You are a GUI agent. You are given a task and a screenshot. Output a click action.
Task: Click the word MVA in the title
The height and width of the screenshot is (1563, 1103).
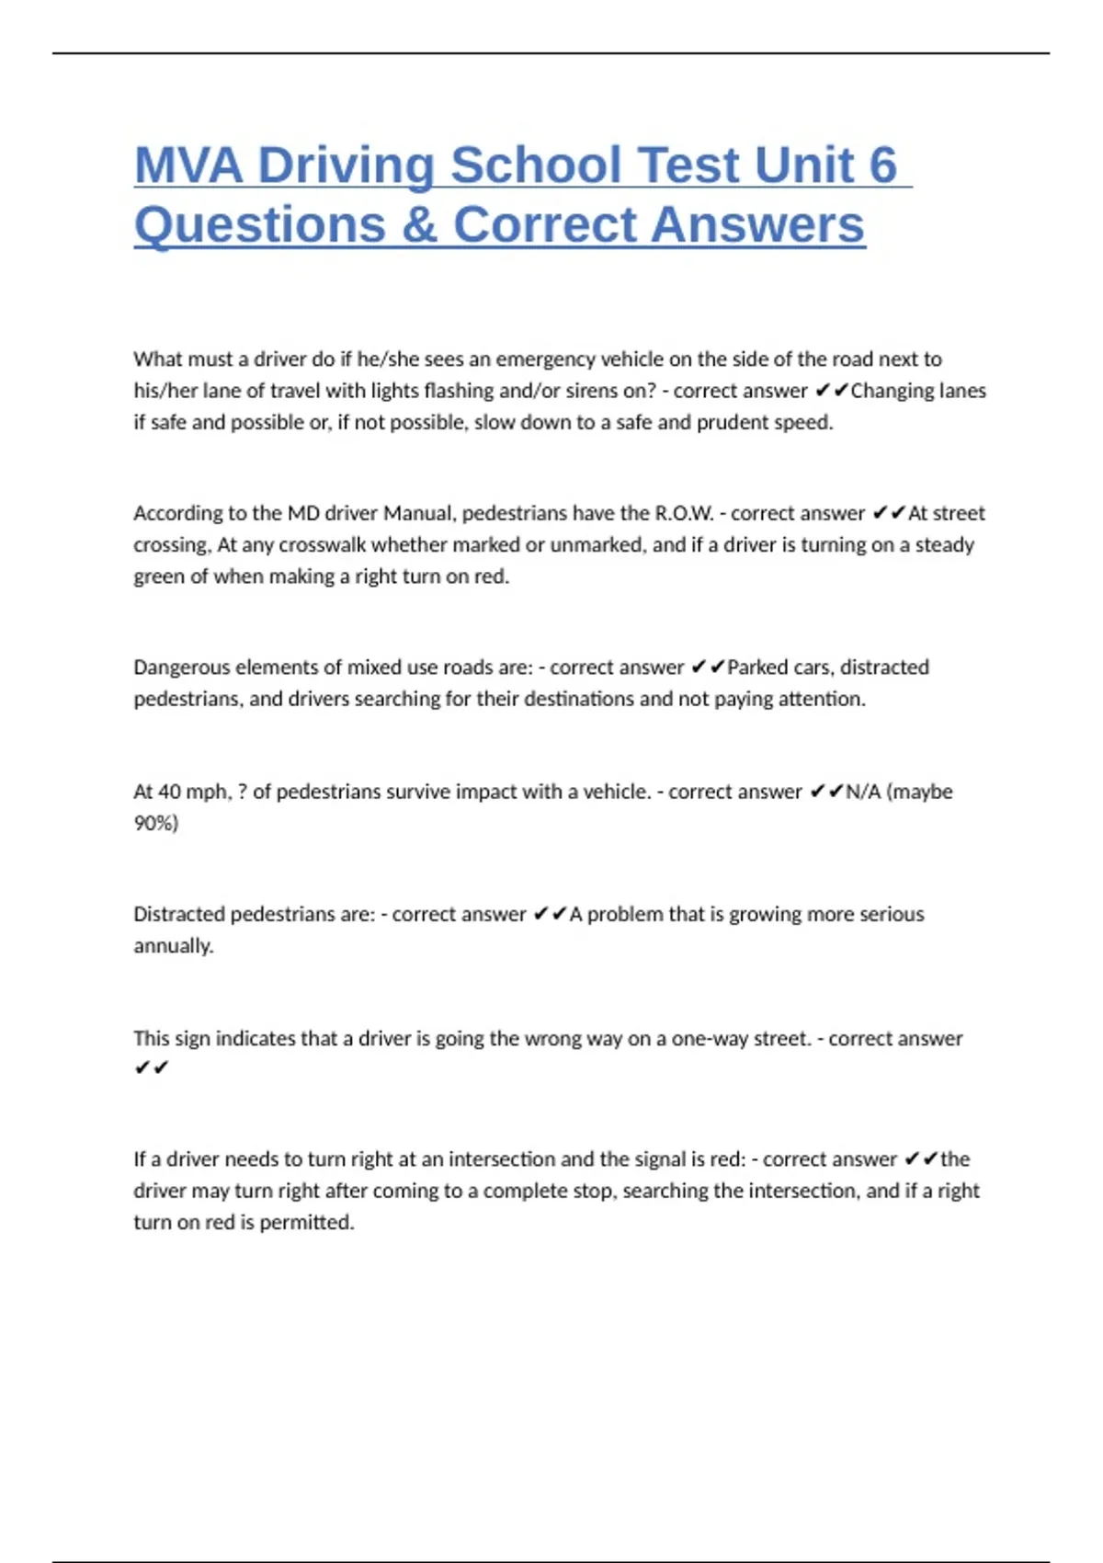[188, 165]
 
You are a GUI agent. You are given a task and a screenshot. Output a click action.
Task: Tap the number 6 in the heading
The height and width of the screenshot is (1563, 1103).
[882, 165]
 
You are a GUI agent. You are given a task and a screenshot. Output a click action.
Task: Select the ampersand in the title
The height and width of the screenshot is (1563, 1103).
[419, 225]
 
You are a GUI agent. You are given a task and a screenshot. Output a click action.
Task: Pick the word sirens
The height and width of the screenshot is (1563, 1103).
[613, 391]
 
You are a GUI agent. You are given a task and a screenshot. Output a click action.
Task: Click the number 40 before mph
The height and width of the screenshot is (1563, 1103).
[169, 792]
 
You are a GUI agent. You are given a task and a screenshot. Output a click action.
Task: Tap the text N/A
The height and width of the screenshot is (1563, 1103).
[863, 792]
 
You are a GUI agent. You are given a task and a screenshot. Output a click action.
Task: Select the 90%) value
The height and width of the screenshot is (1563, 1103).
[156, 823]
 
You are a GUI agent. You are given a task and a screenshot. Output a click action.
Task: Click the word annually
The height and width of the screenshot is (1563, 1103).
[174, 946]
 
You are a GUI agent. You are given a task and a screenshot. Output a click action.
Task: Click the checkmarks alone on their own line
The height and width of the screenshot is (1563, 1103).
[152, 1068]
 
